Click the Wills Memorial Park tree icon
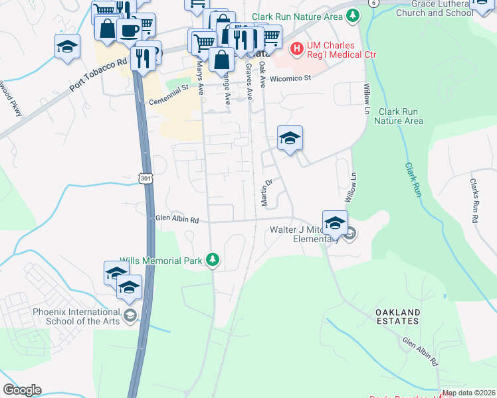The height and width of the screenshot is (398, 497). pyautogui.click(x=212, y=260)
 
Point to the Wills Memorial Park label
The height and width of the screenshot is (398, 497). pyautogui.click(x=161, y=261)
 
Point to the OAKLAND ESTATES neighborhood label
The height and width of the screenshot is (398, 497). pyautogui.click(x=397, y=316)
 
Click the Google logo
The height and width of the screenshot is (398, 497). pyautogui.click(x=22, y=390)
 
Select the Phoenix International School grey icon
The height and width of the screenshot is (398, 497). pyautogui.click(x=130, y=314)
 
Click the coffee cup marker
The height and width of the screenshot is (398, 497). pyautogui.click(x=128, y=30)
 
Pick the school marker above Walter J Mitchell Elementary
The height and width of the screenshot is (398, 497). pyautogui.click(x=335, y=222)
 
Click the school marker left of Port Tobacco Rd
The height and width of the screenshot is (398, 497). pyautogui.click(x=67, y=46)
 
